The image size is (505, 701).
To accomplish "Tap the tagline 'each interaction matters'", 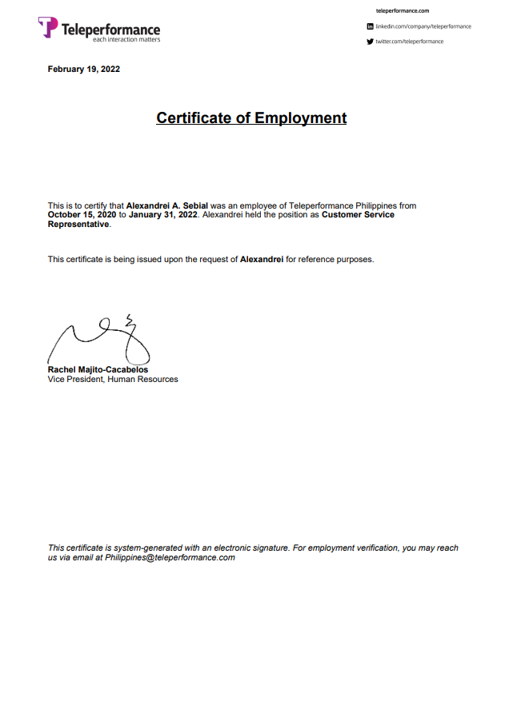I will coord(126,39).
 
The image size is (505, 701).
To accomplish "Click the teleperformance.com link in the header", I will coord(403,10).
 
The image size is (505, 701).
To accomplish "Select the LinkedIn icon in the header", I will coord(370,26).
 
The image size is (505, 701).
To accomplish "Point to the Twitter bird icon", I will coord(370,42).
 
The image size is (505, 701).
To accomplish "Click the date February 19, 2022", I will coord(84,70).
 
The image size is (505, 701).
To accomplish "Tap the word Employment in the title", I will coord(300,118).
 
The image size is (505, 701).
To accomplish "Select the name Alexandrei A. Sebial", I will coord(166,206).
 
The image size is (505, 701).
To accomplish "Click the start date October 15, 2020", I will coord(82,215).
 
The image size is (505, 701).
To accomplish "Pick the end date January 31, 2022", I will coord(163,215).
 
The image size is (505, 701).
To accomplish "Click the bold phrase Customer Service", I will coord(358,215).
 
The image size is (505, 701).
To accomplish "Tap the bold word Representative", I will coord(78,225).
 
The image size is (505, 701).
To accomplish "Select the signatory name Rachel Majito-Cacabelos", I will coord(98,370).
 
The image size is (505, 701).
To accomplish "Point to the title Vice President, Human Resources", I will coord(113,379).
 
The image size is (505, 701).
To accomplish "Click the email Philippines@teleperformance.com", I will coord(170,558).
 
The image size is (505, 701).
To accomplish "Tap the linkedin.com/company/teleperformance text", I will coord(423,26).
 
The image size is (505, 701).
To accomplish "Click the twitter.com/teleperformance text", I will coord(409,42).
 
